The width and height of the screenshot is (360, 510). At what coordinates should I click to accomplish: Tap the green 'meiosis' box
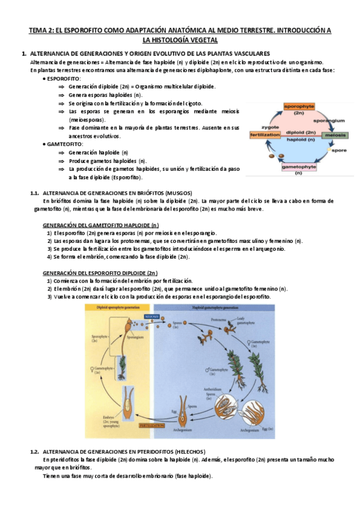335,135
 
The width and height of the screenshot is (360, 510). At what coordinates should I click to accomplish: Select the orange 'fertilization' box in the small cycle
265,135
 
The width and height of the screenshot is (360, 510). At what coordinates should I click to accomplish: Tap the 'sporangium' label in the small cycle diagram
332,120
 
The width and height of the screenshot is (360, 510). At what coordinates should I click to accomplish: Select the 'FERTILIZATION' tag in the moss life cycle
151,425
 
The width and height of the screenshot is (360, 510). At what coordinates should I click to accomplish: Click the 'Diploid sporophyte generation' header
111,307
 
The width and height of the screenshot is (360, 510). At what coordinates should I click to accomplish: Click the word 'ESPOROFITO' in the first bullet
64,78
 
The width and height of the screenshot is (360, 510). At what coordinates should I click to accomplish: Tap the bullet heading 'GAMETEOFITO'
65,144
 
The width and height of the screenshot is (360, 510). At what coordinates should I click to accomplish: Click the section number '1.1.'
34,192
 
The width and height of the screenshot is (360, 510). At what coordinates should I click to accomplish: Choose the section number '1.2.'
34,451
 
